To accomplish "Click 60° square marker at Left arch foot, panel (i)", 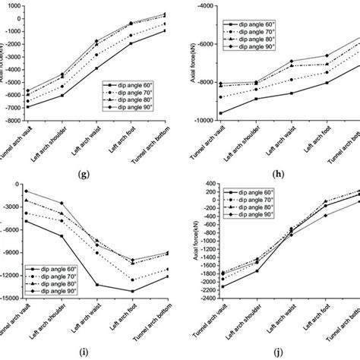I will click(x=132, y=291).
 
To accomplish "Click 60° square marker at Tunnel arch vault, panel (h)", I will click(x=221, y=113).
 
